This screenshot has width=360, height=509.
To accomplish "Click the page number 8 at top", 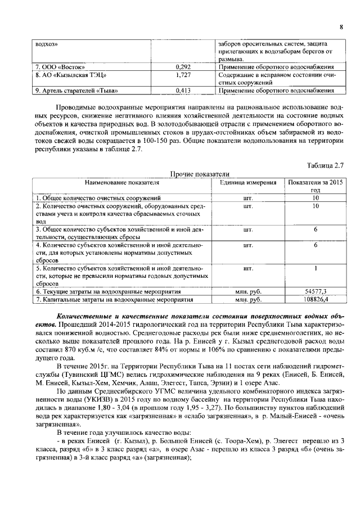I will pyautogui.click(x=341, y=27).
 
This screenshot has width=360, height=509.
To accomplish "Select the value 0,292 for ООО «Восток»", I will pyautogui.click(x=183, y=66).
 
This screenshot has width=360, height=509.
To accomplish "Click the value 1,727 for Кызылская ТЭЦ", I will pyautogui.click(x=183, y=74).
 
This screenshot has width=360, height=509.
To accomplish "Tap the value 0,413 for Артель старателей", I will pyautogui.click(x=183, y=90).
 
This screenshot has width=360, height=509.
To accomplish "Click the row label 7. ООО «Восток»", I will pyautogui.click(x=55, y=66).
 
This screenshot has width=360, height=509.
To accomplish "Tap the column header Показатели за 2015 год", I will pyautogui.click(x=315, y=186).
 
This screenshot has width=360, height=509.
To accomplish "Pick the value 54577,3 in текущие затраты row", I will pyautogui.click(x=316, y=292).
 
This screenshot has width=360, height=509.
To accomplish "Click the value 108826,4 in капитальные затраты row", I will pyautogui.click(x=316, y=300).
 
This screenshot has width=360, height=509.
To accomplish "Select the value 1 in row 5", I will pyautogui.click(x=316, y=268).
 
